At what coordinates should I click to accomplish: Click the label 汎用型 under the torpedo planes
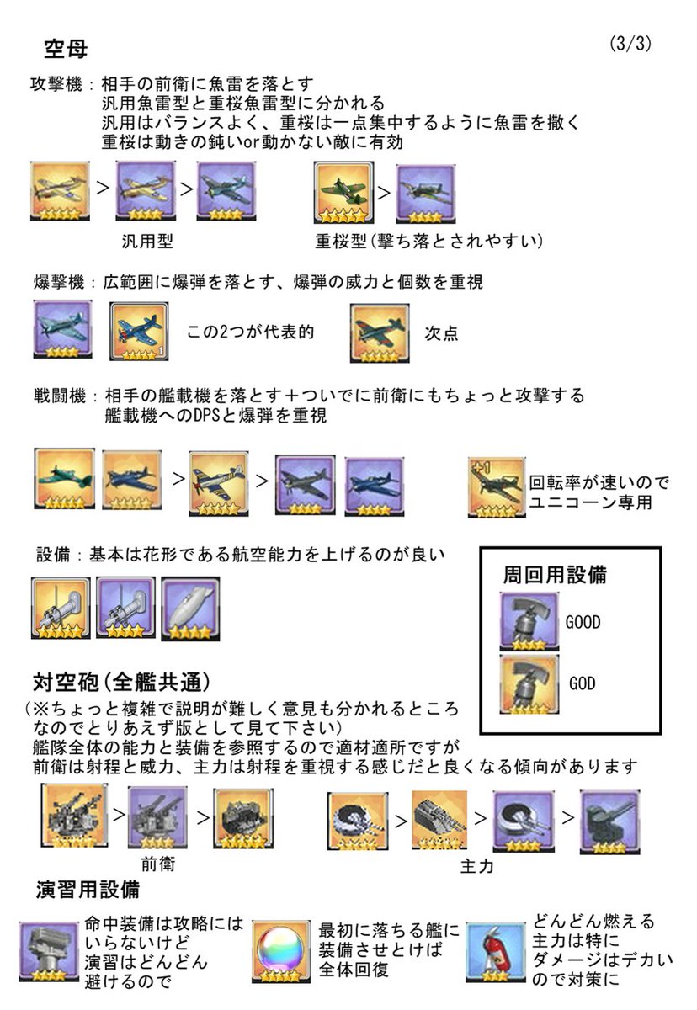point(147,242)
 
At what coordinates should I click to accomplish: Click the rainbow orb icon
point(281,953)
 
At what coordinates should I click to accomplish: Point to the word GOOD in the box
point(583,622)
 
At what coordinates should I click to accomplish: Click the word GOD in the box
point(582,683)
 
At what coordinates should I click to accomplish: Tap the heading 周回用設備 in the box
point(555,576)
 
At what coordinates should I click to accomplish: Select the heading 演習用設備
point(88,889)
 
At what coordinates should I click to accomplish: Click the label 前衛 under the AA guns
point(158,864)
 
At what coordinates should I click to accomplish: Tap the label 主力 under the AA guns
point(477,866)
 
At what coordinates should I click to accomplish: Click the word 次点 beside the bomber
point(442,332)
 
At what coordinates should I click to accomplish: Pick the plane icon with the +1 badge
point(496,487)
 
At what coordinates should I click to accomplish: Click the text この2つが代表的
point(250,332)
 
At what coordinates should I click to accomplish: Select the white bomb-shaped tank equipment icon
point(190,607)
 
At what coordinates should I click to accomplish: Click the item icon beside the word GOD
point(529,683)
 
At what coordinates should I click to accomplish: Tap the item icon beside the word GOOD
point(529,621)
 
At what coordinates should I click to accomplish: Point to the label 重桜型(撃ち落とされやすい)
point(428,242)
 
